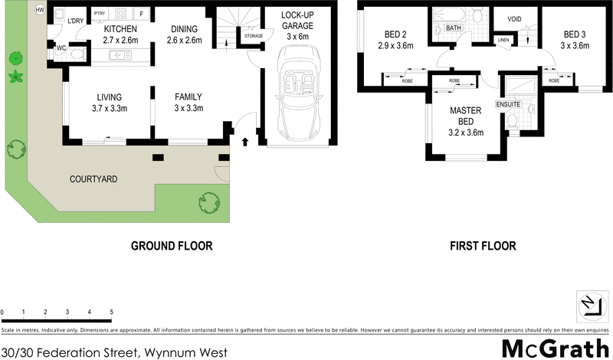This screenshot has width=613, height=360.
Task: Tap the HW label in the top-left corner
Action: click(x=40, y=11)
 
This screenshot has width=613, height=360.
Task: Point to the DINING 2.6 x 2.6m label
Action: click(x=183, y=34)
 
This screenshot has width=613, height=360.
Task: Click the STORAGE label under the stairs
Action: click(x=253, y=36)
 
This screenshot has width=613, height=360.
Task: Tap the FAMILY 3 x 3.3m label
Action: click(x=188, y=102)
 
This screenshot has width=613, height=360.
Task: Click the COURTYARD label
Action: click(x=93, y=179)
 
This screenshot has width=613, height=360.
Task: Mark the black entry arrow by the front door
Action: click(x=245, y=141)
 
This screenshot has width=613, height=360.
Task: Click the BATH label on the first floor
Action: click(x=454, y=28)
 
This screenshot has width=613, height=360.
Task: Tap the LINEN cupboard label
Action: click(x=503, y=39)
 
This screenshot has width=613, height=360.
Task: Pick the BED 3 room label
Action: click(x=575, y=40)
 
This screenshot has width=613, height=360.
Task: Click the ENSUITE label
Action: click(x=508, y=103)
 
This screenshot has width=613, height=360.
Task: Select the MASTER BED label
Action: click(x=466, y=114)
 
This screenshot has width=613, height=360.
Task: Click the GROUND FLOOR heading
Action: click(x=171, y=246)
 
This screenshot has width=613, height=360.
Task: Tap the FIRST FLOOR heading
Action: click(x=483, y=246)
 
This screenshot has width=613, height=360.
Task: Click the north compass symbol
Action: click(x=589, y=305)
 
